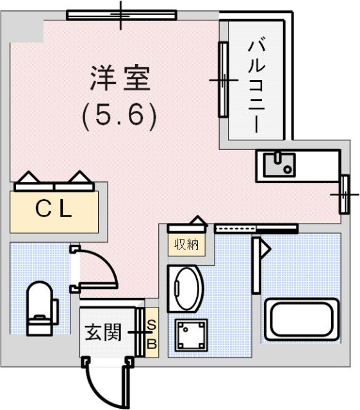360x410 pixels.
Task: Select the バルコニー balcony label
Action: click(x=256, y=86)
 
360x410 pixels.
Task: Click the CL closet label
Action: click(x=54, y=209)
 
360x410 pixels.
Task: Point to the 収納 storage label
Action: click(x=186, y=244)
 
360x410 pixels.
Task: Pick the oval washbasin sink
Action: click(x=186, y=288)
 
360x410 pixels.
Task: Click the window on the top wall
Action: click(x=122, y=14)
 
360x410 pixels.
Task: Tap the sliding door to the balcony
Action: click(x=223, y=79)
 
